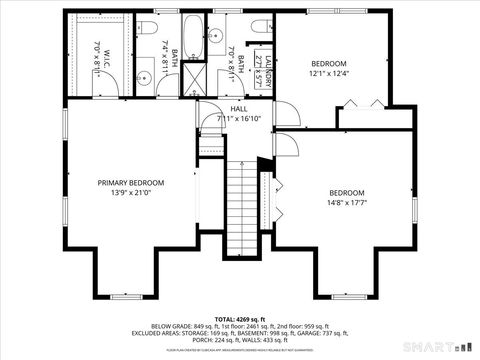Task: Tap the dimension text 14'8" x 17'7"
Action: [x=347, y=203]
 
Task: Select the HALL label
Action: [x=239, y=108]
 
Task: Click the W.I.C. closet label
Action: [x=98, y=50]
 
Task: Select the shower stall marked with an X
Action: [x=193, y=82]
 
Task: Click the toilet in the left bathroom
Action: [x=147, y=28]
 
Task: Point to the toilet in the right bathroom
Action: [x=260, y=27]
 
